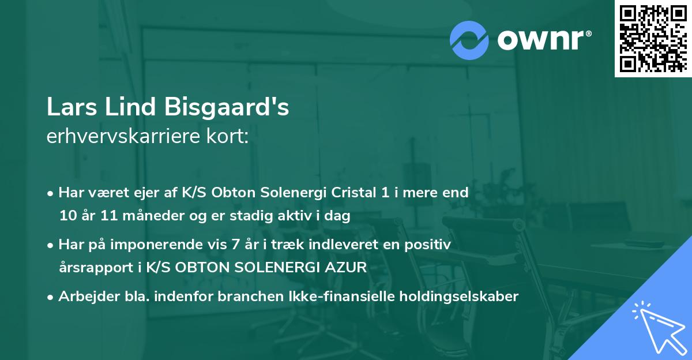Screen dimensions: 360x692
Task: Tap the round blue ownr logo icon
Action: coord(469,40)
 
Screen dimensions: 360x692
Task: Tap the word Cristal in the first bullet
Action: coord(351,193)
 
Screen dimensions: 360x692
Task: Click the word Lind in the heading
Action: coord(130,108)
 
